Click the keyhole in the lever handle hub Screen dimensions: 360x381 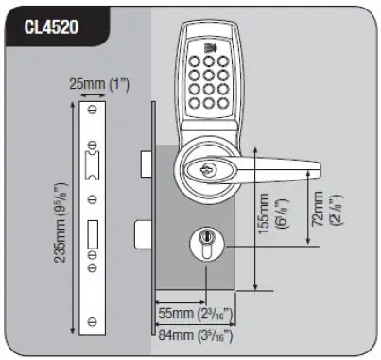point(207,171)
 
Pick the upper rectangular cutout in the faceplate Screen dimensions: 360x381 point(91,164)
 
